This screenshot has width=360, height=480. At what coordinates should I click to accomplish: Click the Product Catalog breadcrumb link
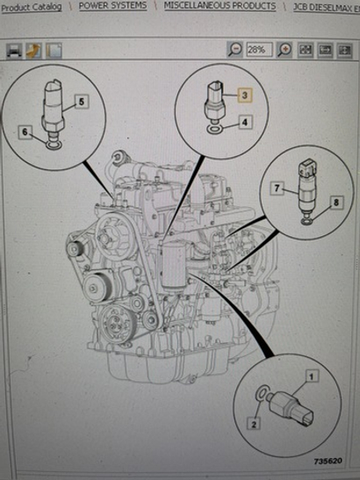(x=33, y=6)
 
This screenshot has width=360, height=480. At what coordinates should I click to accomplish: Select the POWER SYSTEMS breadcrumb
(x=112, y=5)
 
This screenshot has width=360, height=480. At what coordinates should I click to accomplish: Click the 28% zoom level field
(x=259, y=50)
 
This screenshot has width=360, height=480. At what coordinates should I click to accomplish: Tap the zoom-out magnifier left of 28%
(x=235, y=50)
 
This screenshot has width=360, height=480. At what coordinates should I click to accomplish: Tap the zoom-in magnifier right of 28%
(x=284, y=50)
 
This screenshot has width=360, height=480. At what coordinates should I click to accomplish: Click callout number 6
(x=25, y=133)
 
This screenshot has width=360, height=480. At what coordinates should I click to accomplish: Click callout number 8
(x=334, y=202)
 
